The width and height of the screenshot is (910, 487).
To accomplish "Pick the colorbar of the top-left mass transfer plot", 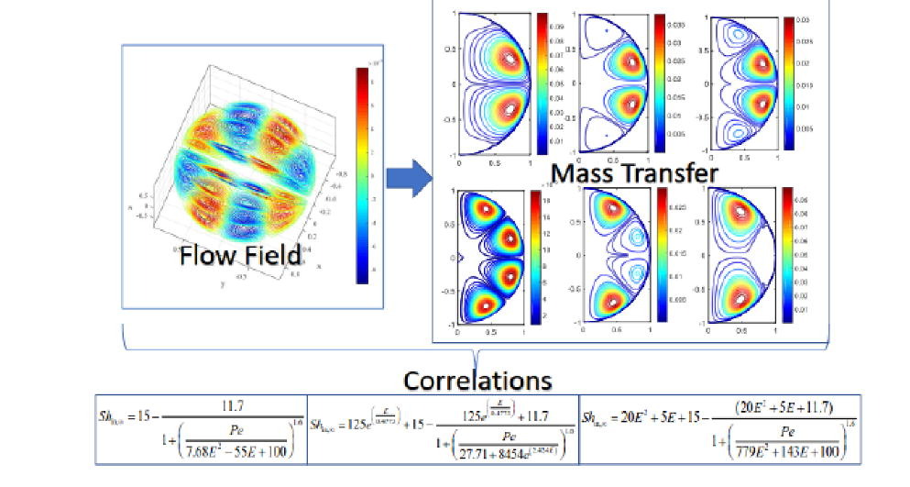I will pos(541,82).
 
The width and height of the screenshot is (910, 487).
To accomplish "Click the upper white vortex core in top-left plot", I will pos(510,57).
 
